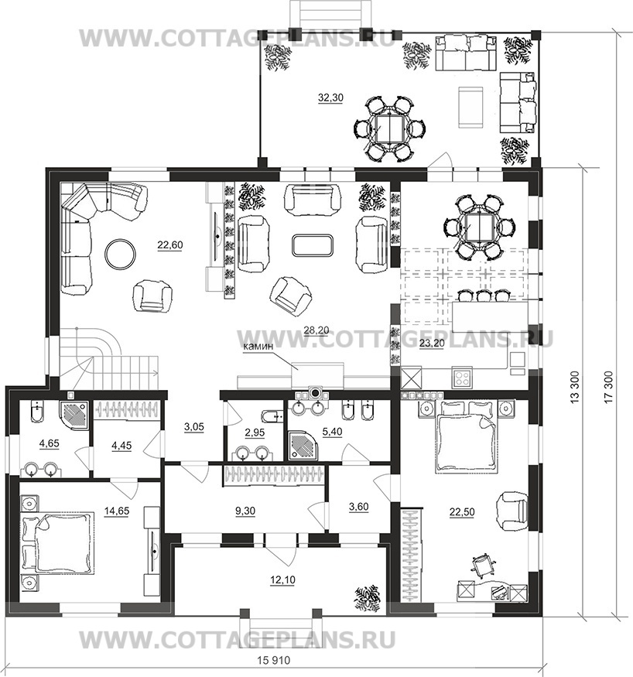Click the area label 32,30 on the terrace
(330, 98)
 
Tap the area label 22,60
(169, 244)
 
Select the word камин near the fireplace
(258, 345)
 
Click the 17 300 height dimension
(609, 387)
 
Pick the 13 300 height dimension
(575, 387)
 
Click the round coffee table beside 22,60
(121, 254)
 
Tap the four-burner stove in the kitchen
(462, 378)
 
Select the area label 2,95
(255, 433)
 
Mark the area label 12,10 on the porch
(282, 580)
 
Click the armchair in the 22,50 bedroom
(513, 511)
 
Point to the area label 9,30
(245, 511)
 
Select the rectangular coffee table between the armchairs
(313, 244)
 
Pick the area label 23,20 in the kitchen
(431, 344)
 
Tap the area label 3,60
(358, 507)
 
